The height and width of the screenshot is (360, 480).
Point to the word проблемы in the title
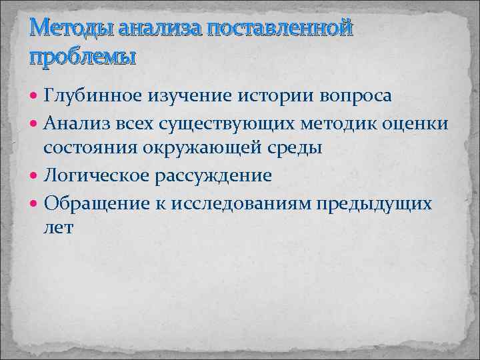[82, 56]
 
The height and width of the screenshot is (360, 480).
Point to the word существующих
[215, 122]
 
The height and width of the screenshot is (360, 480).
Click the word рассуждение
[215, 175]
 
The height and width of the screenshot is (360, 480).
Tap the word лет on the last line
[59, 228]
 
